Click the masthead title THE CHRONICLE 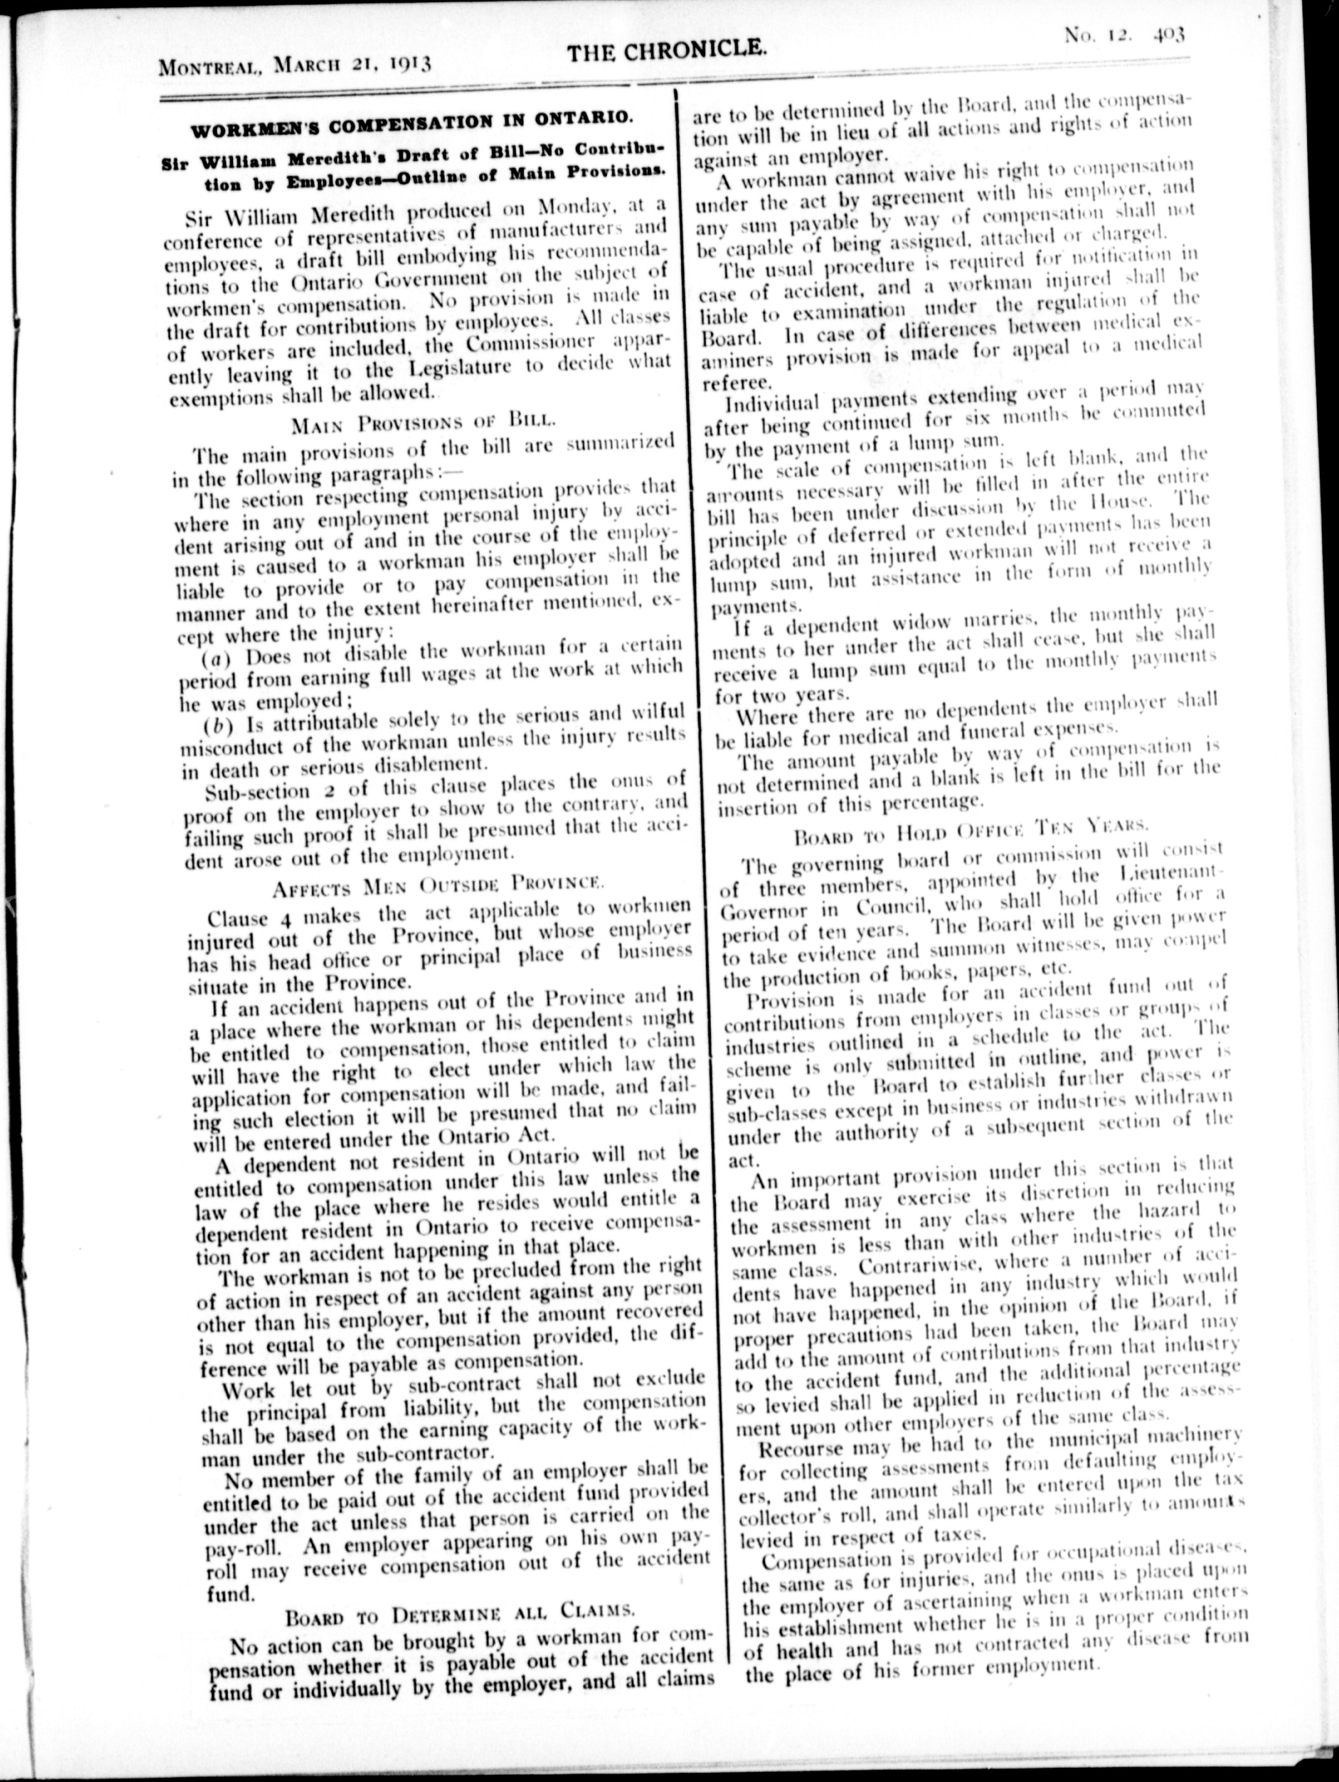[666, 53]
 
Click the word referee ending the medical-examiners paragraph [737, 384]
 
